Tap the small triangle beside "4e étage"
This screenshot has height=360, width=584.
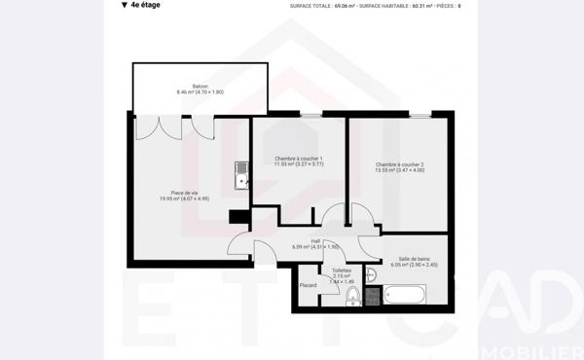[x=124, y=5]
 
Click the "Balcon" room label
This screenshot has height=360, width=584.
[x=200, y=86]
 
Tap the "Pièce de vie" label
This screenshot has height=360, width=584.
[x=184, y=193]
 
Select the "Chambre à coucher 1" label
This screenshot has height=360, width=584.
[x=299, y=159]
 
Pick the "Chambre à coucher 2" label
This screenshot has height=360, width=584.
[x=400, y=164]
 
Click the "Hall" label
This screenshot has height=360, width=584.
[x=315, y=240]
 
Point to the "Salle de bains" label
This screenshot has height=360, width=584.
[x=414, y=258]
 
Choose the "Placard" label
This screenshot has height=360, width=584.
[x=308, y=285]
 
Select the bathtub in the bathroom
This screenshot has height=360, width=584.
[x=404, y=295]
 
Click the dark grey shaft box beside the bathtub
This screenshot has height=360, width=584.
[x=372, y=296]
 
